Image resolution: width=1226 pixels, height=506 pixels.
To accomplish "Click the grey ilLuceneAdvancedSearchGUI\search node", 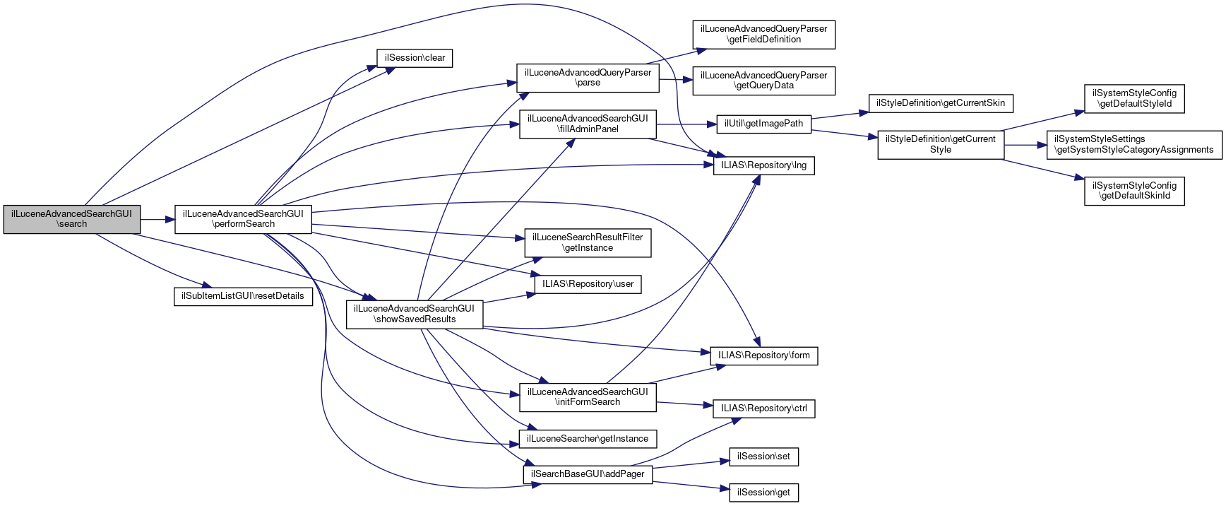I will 72,219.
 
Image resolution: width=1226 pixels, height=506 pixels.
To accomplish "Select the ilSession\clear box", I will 415,58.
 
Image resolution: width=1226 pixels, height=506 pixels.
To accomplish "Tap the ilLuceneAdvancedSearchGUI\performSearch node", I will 243,219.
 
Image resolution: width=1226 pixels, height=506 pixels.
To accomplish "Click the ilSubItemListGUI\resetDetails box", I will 243,296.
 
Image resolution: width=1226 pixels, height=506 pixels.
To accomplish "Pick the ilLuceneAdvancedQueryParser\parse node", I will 588,78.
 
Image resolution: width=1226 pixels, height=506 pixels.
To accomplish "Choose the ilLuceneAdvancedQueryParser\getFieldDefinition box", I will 763,35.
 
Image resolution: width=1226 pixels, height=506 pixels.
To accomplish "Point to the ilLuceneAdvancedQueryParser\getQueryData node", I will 763,81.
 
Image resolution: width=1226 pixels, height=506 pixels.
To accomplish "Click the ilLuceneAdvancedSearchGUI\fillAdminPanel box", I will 588,124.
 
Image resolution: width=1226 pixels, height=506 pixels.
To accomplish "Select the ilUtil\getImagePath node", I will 763,124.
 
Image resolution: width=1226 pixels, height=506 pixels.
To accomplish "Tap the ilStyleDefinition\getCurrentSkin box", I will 940,103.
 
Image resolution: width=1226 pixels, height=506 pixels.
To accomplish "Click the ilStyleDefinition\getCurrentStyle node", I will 940,145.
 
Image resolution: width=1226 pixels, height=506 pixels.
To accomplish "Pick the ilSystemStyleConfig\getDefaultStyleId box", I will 1134,99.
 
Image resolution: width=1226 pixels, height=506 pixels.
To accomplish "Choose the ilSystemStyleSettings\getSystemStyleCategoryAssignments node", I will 1133,145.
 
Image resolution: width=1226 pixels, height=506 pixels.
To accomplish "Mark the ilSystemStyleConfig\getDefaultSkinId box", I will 1134,191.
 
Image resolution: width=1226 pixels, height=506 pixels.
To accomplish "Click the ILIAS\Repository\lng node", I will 763,165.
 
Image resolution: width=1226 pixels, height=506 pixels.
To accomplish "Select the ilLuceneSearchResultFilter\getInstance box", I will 588,242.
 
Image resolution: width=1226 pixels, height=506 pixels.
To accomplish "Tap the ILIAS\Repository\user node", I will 588,284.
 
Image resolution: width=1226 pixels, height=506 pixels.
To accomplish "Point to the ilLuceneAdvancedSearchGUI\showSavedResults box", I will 415,314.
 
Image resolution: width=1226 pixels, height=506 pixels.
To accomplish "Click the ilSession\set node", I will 763,457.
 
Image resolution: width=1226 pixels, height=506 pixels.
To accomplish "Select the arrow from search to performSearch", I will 157,220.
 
